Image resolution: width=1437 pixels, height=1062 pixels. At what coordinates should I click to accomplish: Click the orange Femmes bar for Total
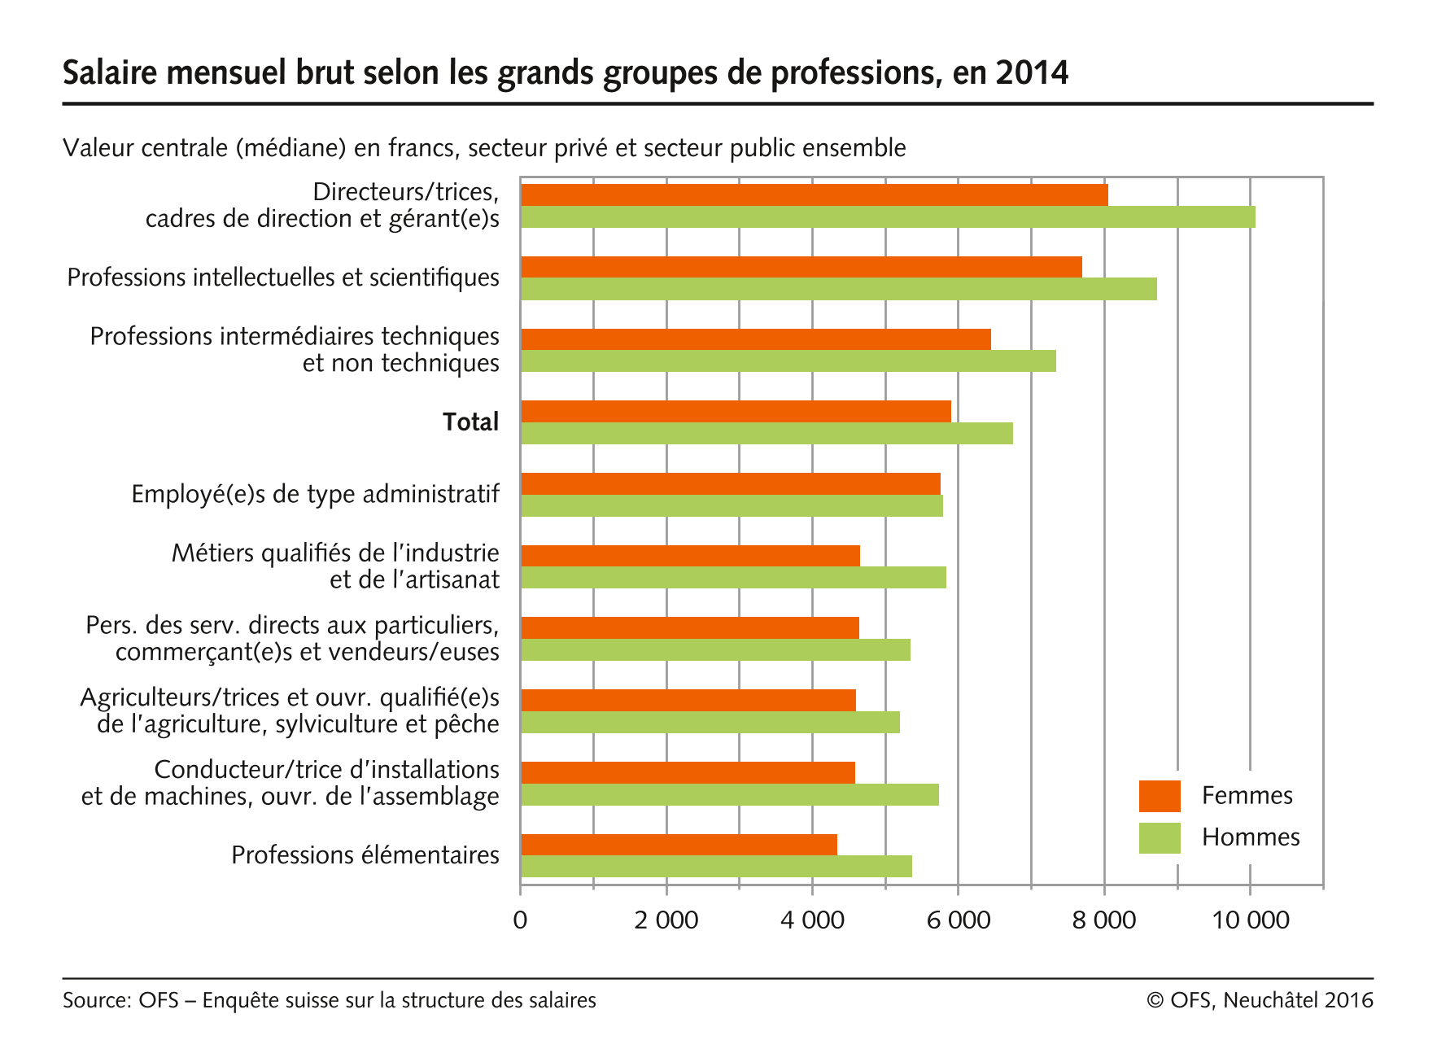[x=736, y=412]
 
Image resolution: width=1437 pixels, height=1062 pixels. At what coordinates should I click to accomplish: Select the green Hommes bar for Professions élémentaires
[x=716, y=867]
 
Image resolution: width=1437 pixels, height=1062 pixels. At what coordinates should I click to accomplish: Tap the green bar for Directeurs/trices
[x=887, y=217]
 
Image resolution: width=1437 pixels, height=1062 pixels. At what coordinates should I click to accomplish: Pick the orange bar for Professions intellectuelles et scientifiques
[x=801, y=267]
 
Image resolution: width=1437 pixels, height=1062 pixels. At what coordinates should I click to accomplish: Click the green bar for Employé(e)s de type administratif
[x=732, y=506]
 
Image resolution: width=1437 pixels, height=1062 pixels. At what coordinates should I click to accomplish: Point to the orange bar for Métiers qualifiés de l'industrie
[x=690, y=556]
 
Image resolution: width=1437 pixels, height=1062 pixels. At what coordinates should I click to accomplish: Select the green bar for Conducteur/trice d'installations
[x=729, y=795]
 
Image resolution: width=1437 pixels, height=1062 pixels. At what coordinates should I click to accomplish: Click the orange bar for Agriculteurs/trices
[x=688, y=700]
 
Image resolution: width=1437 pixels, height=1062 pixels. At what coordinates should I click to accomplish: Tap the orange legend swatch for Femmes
[x=1159, y=796]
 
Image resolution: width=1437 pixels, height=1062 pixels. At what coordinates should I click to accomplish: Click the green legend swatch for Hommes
[x=1159, y=838]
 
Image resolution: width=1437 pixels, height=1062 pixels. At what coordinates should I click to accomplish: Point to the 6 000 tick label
[x=958, y=920]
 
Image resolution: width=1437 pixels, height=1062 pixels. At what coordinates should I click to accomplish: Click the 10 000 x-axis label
[x=1250, y=920]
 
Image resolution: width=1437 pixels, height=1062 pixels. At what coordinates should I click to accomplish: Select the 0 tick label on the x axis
[x=520, y=920]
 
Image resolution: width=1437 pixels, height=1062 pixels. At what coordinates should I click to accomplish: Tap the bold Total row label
[x=470, y=422]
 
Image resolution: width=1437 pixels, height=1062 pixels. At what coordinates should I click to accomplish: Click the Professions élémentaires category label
[x=365, y=855]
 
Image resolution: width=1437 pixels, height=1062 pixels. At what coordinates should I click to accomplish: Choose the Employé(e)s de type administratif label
[x=315, y=494]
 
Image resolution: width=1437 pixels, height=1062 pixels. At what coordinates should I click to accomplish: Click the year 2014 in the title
[x=1032, y=73]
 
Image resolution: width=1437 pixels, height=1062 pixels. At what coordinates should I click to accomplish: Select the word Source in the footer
[x=95, y=1000]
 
